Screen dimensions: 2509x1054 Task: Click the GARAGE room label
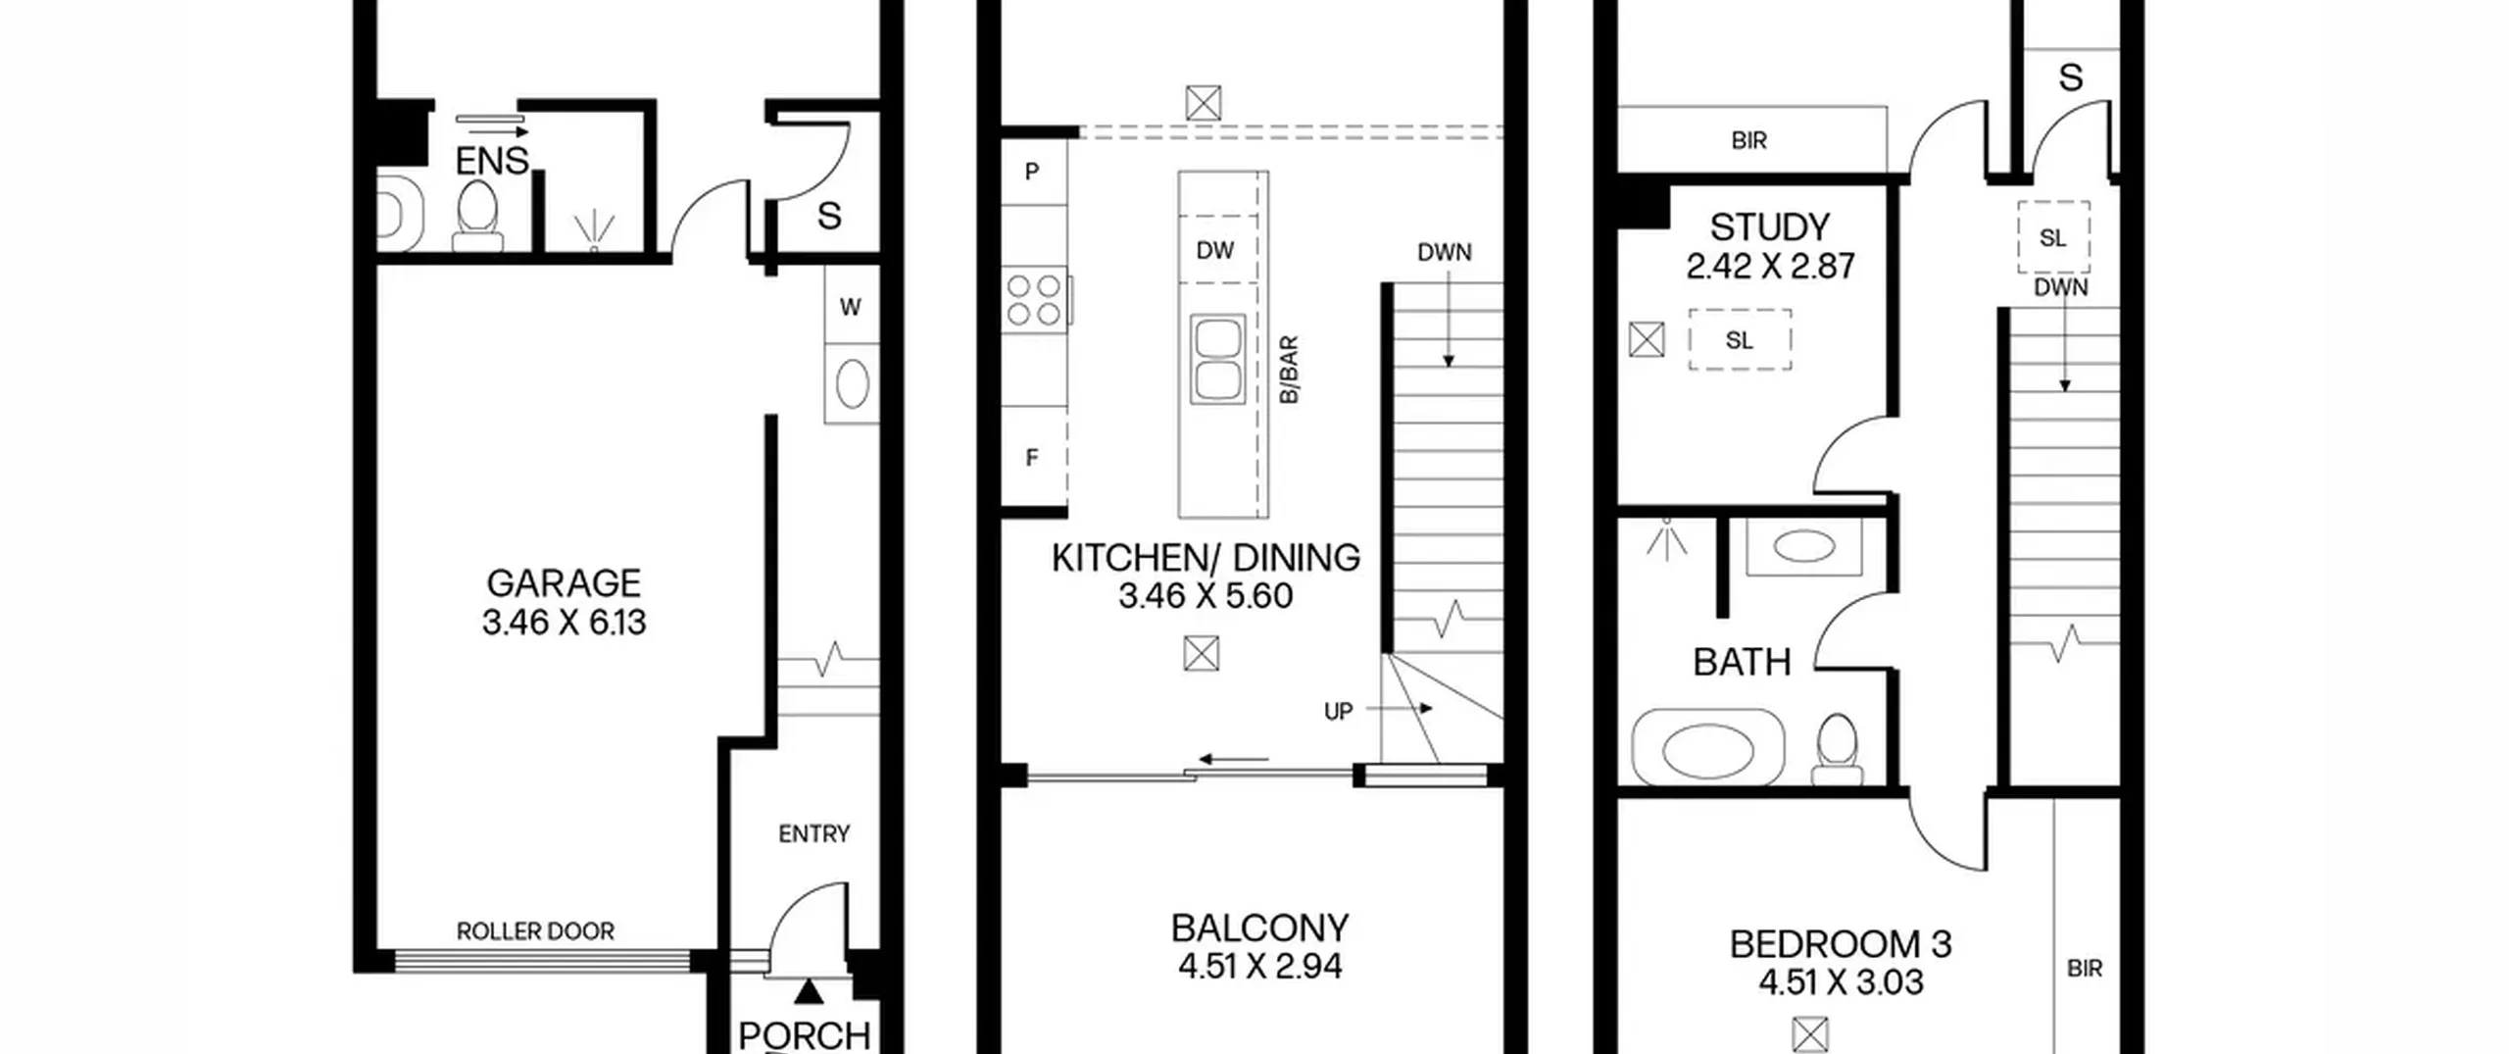pyautogui.click(x=564, y=583)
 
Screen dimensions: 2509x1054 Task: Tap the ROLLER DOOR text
pyautogui.click(x=535, y=931)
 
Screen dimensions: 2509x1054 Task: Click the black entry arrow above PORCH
pyautogui.click(x=809, y=992)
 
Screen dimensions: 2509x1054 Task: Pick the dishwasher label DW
pyautogui.click(x=1214, y=250)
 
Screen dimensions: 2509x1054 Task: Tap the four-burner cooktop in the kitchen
pyautogui.click(x=1035, y=300)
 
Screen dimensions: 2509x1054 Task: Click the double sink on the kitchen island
pyautogui.click(x=1218, y=359)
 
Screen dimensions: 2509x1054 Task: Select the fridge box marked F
pyautogui.click(x=1033, y=457)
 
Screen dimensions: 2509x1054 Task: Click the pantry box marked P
pyautogui.click(x=1033, y=172)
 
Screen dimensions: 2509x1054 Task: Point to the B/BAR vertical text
pyautogui.click(x=1289, y=369)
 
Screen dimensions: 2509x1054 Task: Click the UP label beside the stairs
pyautogui.click(x=1338, y=712)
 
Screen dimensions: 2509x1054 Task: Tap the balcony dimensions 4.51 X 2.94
pyautogui.click(x=1259, y=967)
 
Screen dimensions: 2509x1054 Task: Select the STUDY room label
pyautogui.click(x=1769, y=227)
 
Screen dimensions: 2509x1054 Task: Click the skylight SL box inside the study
pyautogui.click(x=1740, y=340)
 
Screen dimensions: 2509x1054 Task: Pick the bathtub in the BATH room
pyautogui.click(x=1707, y=748)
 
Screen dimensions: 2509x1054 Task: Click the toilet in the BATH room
pyautogui.click(x=1838, y=750)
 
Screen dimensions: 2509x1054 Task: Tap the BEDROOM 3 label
pyautogui.click(x=1841, y=944)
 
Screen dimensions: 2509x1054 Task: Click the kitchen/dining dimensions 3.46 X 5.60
pyautogui.click(x=1205, y=596)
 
